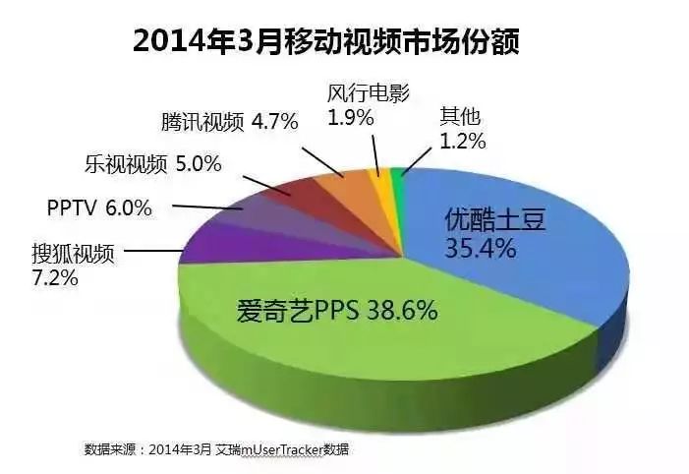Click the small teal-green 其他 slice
pyautogui.click(x=396, y=175)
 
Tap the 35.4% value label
pyautogui.click(x=481, y=248)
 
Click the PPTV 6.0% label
pyautogui.click(x=99, y=207)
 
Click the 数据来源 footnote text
pyautogui.click(x=216, y=449)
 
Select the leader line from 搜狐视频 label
pyautogui.click(x=152, y=251)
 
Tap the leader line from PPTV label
pyautogui.click(x=206, y=207)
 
